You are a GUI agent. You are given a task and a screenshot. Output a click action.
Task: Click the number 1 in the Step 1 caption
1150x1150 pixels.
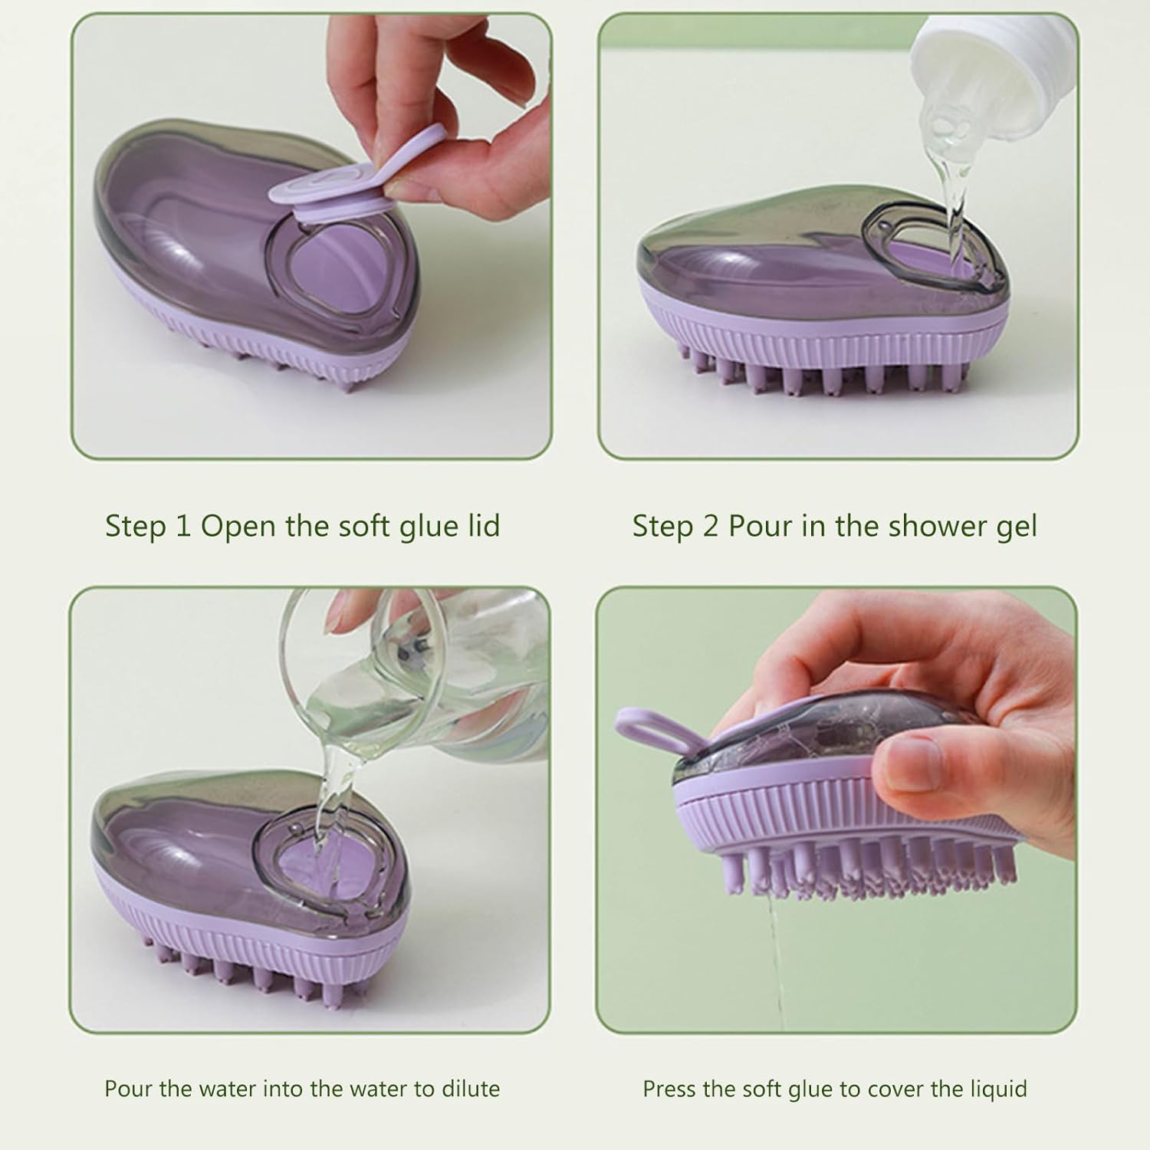[x=182, y=527]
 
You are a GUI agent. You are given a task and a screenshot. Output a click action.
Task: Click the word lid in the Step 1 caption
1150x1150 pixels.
[x=483, y=526]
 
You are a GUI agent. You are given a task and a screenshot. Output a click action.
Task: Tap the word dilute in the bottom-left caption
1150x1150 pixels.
[x=470, y=1089]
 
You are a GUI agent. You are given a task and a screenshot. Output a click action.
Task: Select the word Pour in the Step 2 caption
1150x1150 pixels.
[x=756, y=527]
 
